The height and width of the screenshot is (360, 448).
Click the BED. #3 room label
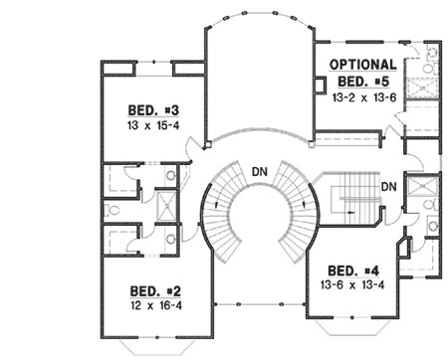point(153,110)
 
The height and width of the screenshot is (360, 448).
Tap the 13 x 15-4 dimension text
point(153,125)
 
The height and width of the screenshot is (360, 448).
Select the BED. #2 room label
point(155,291)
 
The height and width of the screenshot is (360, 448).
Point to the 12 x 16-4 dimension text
point(156,305)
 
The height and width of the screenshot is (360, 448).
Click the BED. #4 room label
point(353,270)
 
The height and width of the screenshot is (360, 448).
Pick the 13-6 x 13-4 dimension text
point(352,284)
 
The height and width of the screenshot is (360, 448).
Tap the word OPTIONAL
point(363,65)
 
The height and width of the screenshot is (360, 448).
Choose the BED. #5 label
point(363,82)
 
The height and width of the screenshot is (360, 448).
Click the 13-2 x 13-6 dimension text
point(364,97)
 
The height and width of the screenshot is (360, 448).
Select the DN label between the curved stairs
point(260,172)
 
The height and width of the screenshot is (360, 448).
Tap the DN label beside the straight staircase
point(388,187)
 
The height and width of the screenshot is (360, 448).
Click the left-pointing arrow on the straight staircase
point(351,212)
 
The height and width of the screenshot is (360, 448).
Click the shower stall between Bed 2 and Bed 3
point(166,206)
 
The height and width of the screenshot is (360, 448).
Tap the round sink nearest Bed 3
point(171,175)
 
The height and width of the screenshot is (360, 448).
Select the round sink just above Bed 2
point(171,239)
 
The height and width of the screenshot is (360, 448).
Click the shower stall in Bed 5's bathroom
point(422,89)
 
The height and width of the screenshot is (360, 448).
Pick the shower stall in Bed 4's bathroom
point(422,187)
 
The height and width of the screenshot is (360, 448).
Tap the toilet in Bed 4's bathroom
point(431,205)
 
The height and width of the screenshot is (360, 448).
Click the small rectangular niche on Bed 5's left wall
point(321,85)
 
